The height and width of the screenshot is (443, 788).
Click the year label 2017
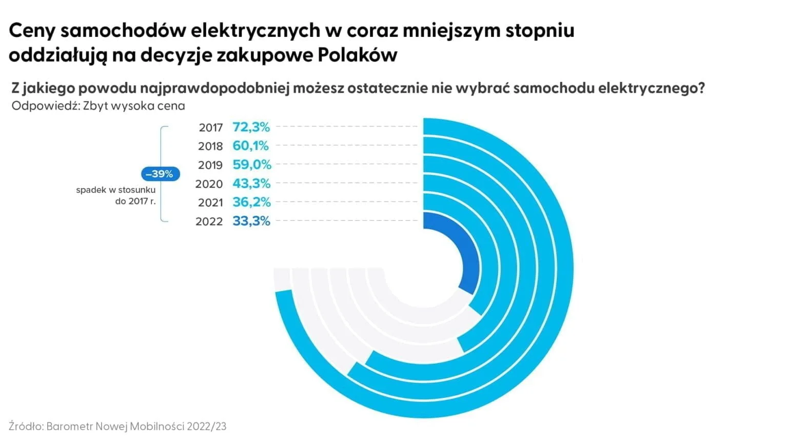click(x=211, y=128)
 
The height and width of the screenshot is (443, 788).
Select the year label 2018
click(x=210, y=147)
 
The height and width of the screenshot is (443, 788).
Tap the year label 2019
click(x=210, y=165)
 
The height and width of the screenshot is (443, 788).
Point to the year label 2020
click(x=209, y=184)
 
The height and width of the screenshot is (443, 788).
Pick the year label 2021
click(x=210, y=203)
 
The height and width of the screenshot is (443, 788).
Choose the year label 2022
click(x=209, y=222)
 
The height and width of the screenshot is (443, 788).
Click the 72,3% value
click(x=251, y=127)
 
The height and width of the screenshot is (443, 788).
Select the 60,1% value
click(x=250, y=146)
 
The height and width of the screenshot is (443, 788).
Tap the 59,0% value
click(x=251, y=165)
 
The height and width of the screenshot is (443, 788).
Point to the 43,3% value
click(x=251, y=184)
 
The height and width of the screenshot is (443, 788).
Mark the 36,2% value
click(x=251, y=203)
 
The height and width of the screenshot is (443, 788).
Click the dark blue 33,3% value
click(x=251, y=221)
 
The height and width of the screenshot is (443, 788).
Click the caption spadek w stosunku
click(x=115, y=190)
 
